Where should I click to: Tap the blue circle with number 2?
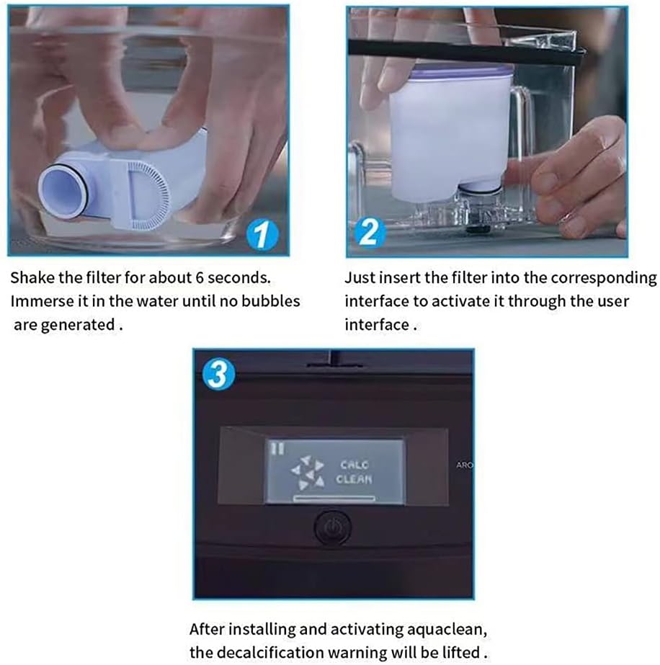(x=367, y=233)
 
